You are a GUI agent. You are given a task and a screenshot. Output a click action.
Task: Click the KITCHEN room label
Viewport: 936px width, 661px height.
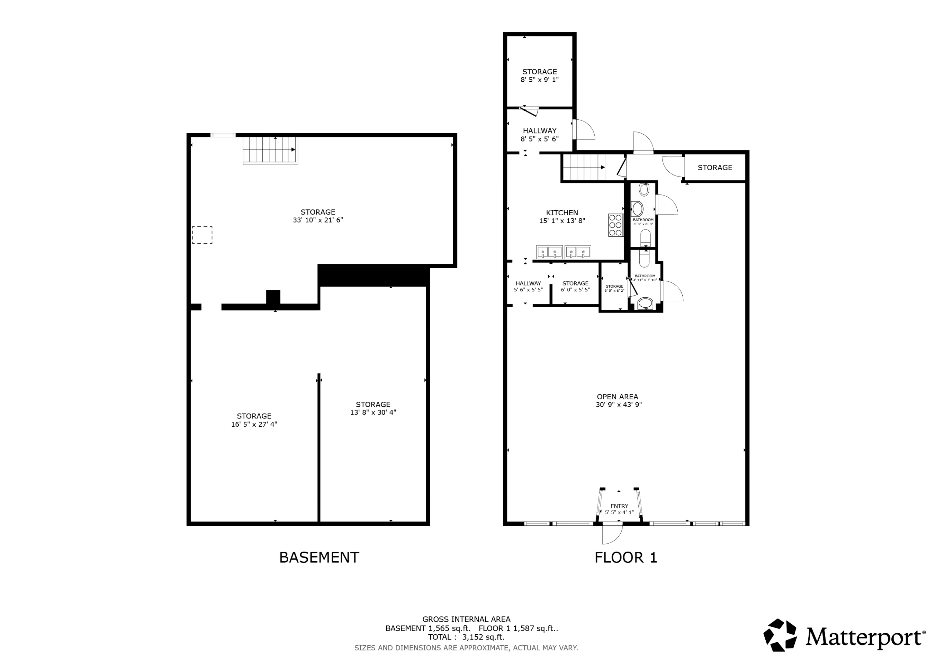[562, 213]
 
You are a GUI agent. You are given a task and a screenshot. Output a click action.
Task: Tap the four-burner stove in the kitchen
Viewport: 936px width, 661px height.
[615, 225]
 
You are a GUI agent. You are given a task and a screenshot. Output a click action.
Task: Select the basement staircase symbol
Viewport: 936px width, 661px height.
[270, 150]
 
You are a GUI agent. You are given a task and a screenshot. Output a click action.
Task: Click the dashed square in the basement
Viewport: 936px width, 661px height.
[202, 235]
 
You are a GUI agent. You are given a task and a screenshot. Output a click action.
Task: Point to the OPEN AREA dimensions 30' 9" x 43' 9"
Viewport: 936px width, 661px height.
[618, 405]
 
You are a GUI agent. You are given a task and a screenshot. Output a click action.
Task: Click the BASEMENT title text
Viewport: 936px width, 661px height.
[319, 557]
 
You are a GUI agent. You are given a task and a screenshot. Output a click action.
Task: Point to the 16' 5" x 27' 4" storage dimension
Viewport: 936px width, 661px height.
[254, 424]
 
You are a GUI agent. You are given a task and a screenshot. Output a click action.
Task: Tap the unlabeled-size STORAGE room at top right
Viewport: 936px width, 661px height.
[715, 167]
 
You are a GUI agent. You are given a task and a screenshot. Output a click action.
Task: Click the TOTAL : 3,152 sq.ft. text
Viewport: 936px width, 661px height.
[466, 637]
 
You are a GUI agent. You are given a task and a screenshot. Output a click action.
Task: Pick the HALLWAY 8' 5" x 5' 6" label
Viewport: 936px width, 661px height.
[539, 134]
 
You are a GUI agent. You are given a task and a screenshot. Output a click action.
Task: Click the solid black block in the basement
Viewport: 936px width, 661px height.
[373, 275]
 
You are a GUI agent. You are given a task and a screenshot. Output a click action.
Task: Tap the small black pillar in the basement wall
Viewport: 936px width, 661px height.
[273, 297]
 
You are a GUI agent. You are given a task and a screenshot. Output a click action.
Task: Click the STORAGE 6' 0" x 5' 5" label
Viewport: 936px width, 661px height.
[575, 286]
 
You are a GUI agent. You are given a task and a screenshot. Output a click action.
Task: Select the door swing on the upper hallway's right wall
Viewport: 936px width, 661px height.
[584, 130]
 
